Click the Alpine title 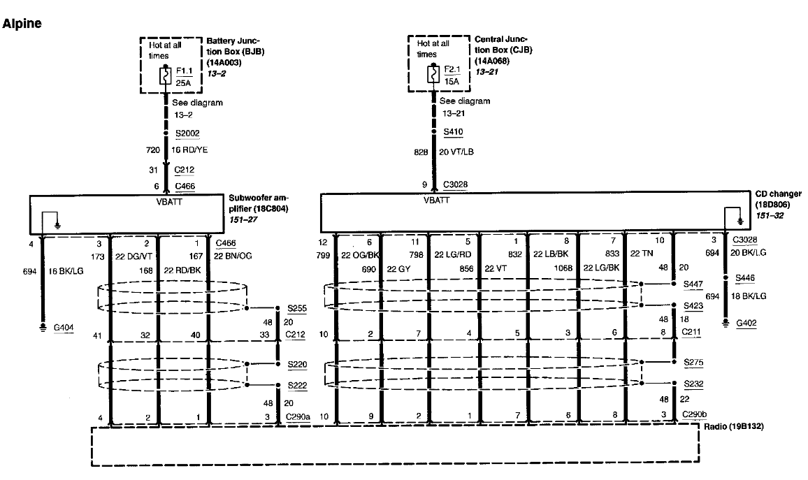click(22, 24)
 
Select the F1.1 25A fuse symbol click(166, 76)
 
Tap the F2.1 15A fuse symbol click(433, 74)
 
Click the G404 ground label click(64, 327)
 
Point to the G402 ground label click(746, 323)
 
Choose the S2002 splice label click(187, 133)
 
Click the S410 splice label click(453, 132)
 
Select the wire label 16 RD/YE click(189, 150)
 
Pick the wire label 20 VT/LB click(456, 152)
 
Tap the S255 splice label click(297, 309)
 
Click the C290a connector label click(298, 416)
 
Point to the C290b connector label click(694, 414)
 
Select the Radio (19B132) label click(734, 426)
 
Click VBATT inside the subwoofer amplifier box click(169, 202)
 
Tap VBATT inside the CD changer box click(436, 201)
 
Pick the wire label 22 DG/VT click(134, 256)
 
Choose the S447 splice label click(693, 284)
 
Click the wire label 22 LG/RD click(453, 254)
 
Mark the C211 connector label click(691, 332)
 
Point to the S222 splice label click(297, 386)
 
